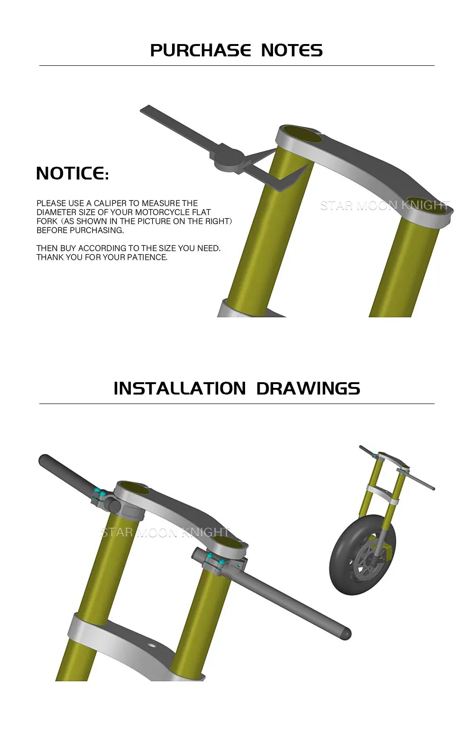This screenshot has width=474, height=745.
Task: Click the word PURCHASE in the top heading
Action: [x=201, y=51]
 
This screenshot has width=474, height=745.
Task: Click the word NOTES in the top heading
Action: [x=292, y=51]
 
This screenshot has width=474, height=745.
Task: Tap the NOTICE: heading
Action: [x=72, y=173]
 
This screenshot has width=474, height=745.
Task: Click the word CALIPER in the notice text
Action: [x=110, y=203]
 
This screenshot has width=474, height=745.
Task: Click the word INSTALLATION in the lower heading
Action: [x=180, y=388]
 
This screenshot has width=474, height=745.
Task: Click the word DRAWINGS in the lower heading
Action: [x=308, y=388]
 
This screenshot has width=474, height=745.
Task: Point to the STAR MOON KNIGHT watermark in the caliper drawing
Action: [x=385, y=206]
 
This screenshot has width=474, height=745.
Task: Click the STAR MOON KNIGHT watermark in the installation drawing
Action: [x=165, y=533]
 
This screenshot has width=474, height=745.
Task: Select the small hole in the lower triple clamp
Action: [x=152, y=646]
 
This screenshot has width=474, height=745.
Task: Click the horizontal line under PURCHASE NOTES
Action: [x=237, y=65]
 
